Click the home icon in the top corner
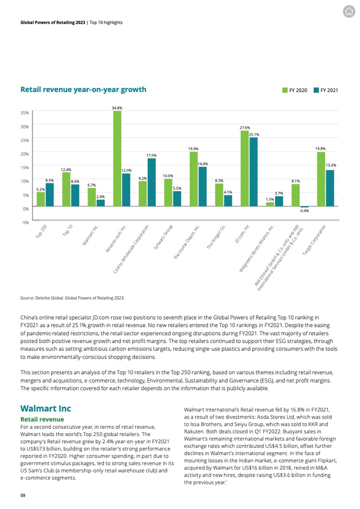pyautogui.click(x=349, y=11)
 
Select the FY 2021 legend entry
pyautogui.click(x=326, y=90)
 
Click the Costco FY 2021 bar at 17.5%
pyautogui.click(x=151, y=182)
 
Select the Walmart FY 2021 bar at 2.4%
pyautogui.click(x=101, y=203)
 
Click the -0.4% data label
pyautogui.click(x=304, y=211)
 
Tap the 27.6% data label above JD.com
pyautogui.click(x=245, y=128)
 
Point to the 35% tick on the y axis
pyautogui.click(x=25, y=112)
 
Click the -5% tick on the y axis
pyautogui.click(x=25, y=222)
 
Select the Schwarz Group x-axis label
pyautogui.click(x=164, y=237)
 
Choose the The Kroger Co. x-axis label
pyautogui.click(x=217, y=237)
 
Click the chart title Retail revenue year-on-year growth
pyautogui.click(x=83, y=90)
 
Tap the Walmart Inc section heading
pyautogui.click(x=45, y=409)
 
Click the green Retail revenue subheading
pyautogui.click(x=42, y=420)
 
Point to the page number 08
pyautogui.click(x=23, y=495)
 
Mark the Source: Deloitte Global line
pyautogui.click(x=72, y=298)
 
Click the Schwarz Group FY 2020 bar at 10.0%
pyautogui.click(x=168, y=193)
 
